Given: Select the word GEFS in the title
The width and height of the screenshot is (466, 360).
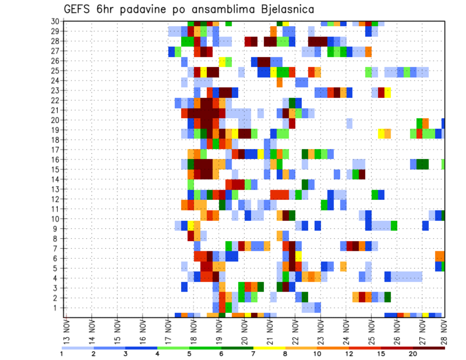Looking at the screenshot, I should tap(79, 10).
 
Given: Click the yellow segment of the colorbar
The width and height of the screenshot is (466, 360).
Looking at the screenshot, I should tap(269, 348).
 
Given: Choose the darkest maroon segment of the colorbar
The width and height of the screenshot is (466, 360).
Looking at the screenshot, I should tap(429, 348).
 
